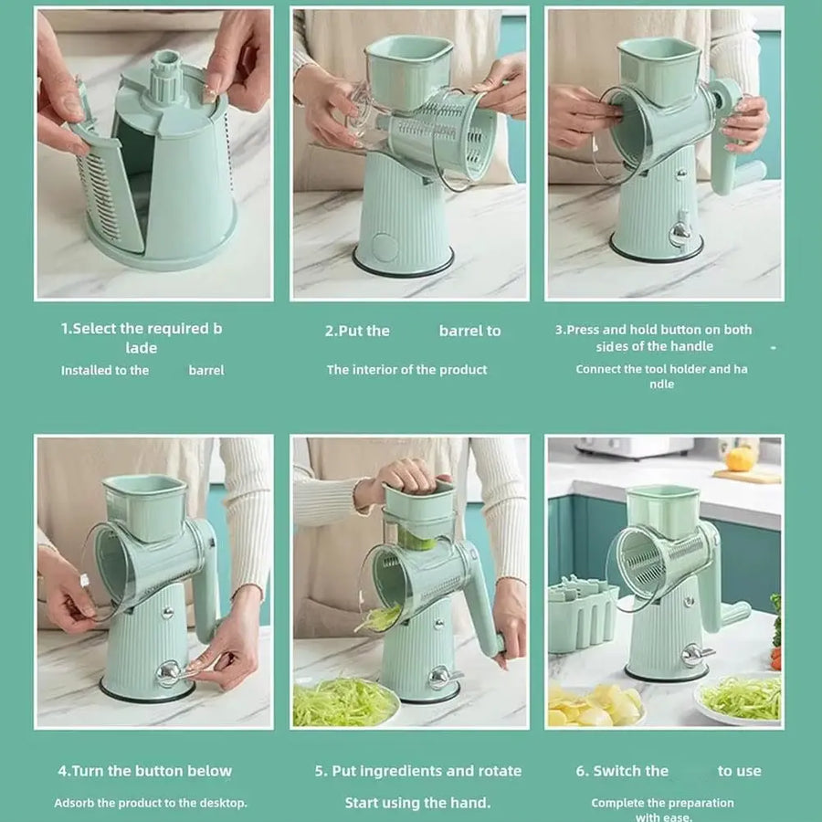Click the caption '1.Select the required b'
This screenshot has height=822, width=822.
(x=142, y=329)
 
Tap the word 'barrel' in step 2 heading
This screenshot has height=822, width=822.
(x=469, y=331)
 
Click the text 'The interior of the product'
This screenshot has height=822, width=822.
(x=407, y=370)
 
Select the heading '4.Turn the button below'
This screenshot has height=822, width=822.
(x=144, y=771)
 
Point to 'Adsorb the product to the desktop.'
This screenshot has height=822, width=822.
(x=151, y=803)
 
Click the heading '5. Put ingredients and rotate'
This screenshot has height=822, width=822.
(x=418, y=771)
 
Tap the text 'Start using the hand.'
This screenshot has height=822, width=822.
(x=417, y=803)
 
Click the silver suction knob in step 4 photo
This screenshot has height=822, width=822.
(x=171, y=673)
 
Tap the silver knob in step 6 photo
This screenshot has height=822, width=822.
(x=693, y=654)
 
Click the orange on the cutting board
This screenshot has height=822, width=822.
(x=741, y=458)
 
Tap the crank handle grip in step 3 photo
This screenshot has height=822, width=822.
(x=748, y=173)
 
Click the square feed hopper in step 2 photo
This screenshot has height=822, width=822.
(x=407, y=68)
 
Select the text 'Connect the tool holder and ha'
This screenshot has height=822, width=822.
(x=661, y=369)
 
